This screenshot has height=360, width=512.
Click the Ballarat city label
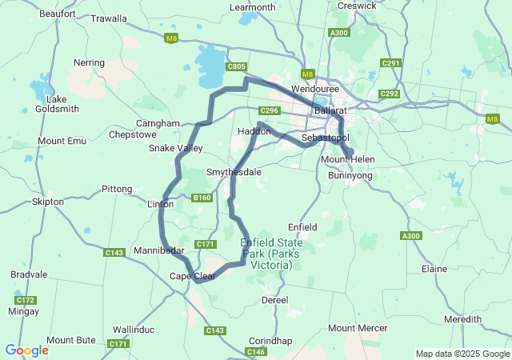pyautogui.click(x=330, y=109)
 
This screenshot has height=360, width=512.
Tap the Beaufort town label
pyautogui.click(x=56, y=14)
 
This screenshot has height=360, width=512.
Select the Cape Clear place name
pyautogui.click(x=192, y=277)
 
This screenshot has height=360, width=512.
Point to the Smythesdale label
pyautogui.click(x=234, y=172)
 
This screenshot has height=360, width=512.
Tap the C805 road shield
pyautogui.click(x=236, y=67)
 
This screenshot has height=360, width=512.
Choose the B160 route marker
pyautogui.click(x=201, y=198)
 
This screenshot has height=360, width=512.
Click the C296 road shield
pyautogui.click(x=268, y=110)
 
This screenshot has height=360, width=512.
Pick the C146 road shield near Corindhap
pyautogui.click(x=256, y=352)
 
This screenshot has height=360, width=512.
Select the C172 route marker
pyautogui.click(x=25, y=300)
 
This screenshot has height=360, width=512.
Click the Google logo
pyautogui.click(x=26, y=350)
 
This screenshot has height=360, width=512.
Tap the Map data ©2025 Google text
pyautogui.click(x=462, y=354)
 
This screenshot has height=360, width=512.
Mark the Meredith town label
pyautogui.click(x=462, y=319)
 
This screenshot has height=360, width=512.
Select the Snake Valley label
pyautogui.click(x=175, y=148)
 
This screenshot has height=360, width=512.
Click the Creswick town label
pyautogui.click(x=357, y=6)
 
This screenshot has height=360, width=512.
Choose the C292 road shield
pyautogui.click(x=390, y=94)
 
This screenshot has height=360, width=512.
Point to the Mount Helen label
pyautogui.click(x=347, y=160)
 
